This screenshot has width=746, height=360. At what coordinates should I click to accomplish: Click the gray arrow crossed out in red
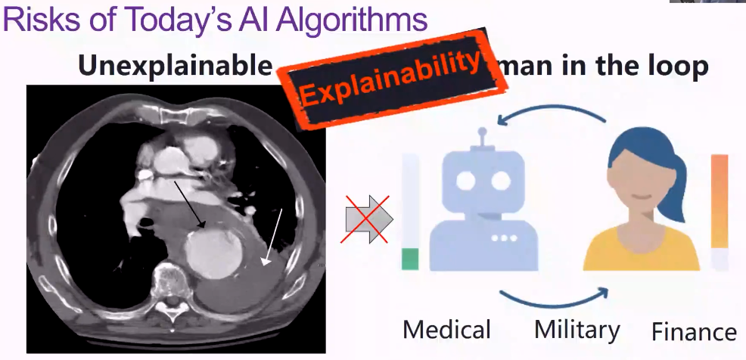[x=368, y=219]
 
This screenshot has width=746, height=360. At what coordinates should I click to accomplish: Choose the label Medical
[x=446, y=331]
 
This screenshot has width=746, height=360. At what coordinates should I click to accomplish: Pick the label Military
[x=577, y=330]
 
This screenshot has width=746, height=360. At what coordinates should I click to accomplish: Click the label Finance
[x=694, y=332]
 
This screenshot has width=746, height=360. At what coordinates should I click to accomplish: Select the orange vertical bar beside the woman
[x=719, y=200]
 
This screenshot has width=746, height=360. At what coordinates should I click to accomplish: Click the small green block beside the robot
[x=409, y=259]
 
